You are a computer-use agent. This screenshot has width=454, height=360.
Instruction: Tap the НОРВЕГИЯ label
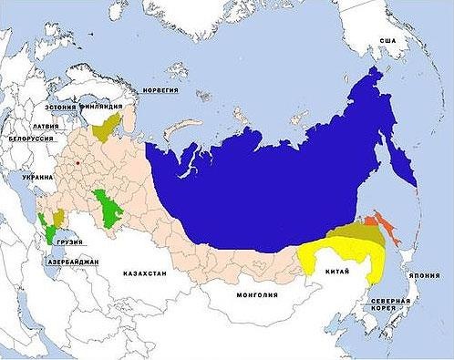pyautogui.click(x=160, y=90)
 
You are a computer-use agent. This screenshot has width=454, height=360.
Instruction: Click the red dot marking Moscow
pyautogui.click(x=79, y=164)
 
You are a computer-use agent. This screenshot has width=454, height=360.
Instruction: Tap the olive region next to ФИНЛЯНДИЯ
pyautogui.click(x=114, y=125)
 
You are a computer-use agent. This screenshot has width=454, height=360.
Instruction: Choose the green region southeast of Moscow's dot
pyautogui.click(x=108, y=210)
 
